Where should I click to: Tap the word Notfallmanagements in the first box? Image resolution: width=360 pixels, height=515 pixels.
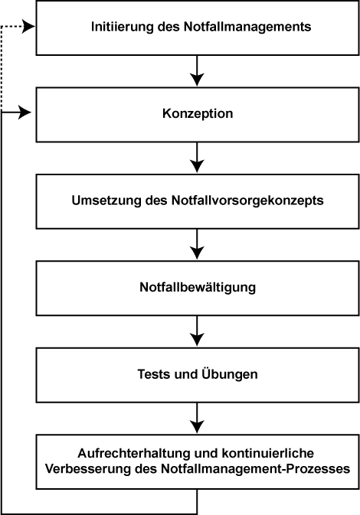click(x=247, y=27)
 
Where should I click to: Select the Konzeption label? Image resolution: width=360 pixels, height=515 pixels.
click(x=198, y=114)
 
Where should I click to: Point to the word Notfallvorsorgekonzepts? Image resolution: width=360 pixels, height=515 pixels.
click(x=247, y=200)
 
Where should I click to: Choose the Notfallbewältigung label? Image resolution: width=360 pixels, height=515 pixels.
click(x=198, y=287)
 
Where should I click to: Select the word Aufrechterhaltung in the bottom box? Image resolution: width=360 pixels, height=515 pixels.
click(x=134, y=453)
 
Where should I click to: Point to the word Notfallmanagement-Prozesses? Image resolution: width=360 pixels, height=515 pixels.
click(x=256, y=468)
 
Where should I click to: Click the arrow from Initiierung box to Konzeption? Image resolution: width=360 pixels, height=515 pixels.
click(x=197, y=70)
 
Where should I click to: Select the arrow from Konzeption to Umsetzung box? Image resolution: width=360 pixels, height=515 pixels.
click(x=197, y=158)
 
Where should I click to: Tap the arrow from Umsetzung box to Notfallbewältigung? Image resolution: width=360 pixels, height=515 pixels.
click(x=197, y=244)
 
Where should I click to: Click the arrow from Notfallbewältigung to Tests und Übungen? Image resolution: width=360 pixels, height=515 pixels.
click(x=197, y=331)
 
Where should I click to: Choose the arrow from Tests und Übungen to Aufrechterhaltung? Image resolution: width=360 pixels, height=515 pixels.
click(x=197, y=418)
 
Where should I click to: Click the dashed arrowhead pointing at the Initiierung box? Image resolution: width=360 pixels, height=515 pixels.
click(x=28, y=27)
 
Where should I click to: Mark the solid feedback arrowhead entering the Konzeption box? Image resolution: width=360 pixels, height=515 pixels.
click(x=25, y=112)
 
